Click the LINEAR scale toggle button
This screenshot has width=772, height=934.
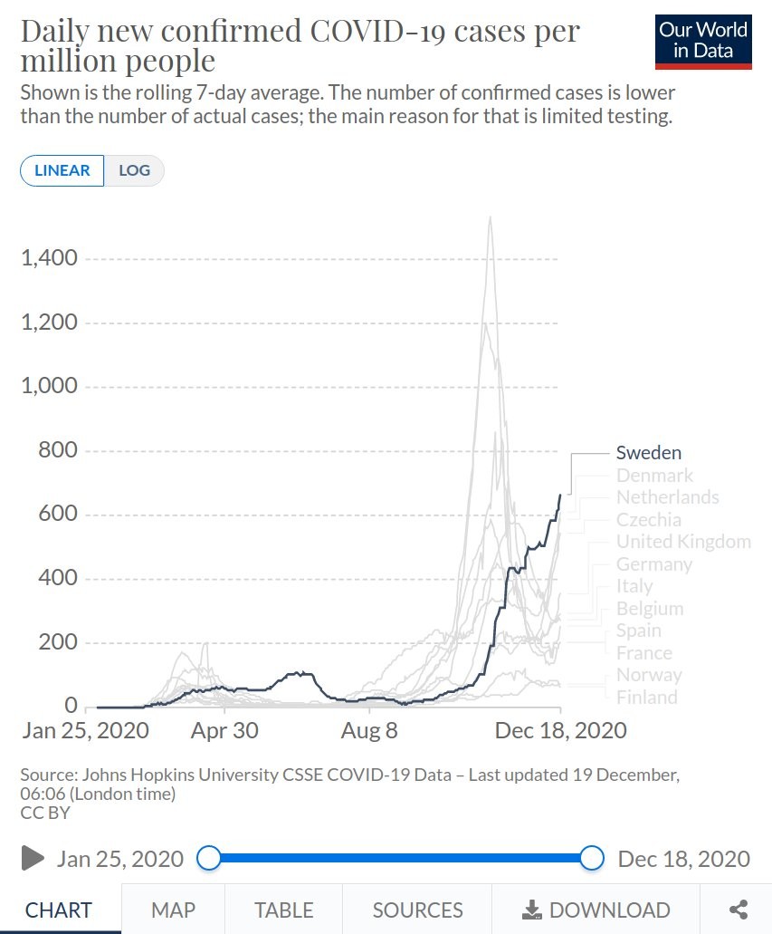coord(62,170)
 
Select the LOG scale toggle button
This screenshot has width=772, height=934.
coord(134,170)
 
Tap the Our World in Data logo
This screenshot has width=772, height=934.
coord(703,42)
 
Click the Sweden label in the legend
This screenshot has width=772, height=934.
coord(648,453)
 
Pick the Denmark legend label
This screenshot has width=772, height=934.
coord(654,476)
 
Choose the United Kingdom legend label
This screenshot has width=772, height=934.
coord(683,542)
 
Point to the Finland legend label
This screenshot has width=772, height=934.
coord(646,698)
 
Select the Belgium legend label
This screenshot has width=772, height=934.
coord(650,609)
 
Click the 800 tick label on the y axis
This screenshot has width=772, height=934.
coord(59,451)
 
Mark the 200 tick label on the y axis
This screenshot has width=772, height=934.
coord(59,643)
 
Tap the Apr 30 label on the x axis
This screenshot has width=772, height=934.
coord(224,730)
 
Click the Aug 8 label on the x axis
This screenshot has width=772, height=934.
coord(368,730)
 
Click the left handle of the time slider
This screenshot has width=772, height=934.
coord(208,858)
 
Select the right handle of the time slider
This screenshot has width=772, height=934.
coord(592,858)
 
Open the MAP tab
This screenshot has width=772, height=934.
coord(173,910)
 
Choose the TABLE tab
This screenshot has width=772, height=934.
coord(283,910)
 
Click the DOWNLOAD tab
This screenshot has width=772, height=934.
coord(597,910)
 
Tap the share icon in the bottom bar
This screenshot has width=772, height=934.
coord(739,910)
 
